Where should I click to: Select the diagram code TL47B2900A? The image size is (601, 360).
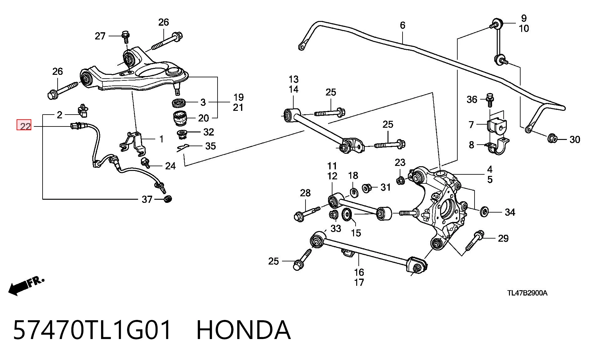[527, 293]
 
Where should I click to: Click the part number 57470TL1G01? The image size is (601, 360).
[92, 330]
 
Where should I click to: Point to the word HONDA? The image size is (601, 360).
[244, 330]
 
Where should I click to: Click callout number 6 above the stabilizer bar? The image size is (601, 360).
[403, 25]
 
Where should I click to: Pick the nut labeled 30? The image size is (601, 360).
[552, 138]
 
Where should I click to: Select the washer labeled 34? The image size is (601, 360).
[484, 212]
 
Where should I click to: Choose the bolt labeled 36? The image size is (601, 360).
[490, 100]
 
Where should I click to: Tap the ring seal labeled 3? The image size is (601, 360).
[180, 102]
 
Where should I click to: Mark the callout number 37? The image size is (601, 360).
[147, 199]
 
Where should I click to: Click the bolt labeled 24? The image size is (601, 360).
[145, 163]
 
